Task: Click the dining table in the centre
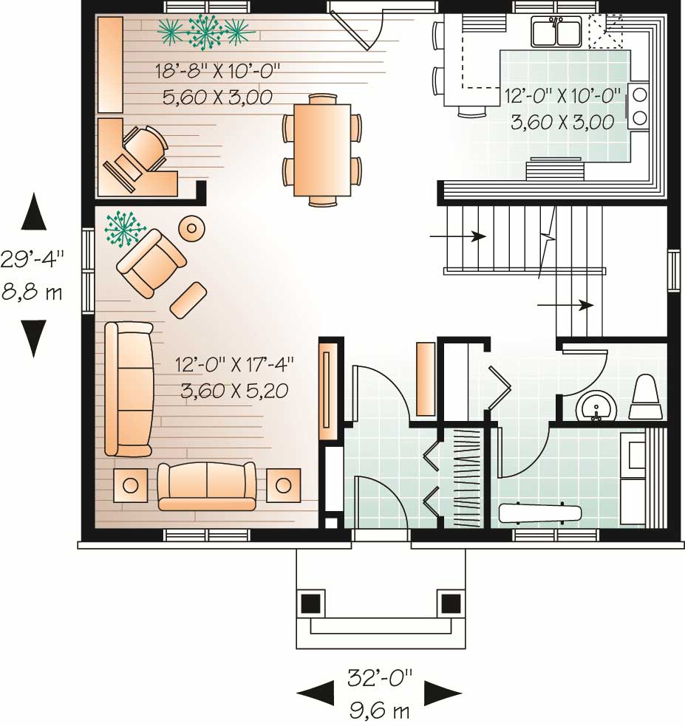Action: click(x=321, y=150)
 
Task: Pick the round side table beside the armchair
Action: click(x=192, y=228)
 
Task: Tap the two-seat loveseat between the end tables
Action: click(x=206, y=486)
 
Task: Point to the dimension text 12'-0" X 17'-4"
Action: click(x=234, y=364)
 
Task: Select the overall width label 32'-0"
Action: click(x=379, y=677)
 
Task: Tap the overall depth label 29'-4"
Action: click(x=33, y=259)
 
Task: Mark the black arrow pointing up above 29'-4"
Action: click(x=33, y=211)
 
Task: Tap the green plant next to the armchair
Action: click(x=123, y=228)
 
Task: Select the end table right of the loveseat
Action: click(x=283, y=485)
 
